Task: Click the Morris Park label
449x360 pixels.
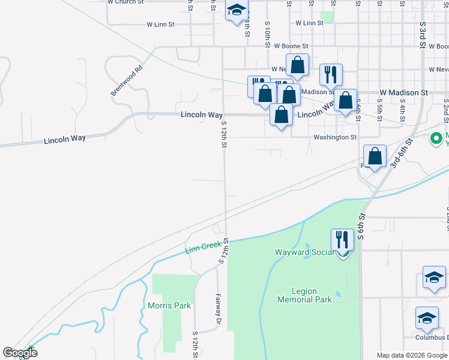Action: tap(169, 305)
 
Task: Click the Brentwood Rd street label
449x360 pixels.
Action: tap(127, 80)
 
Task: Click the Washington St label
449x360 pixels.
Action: tap(334, 137)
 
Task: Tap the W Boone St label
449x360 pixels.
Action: tap(291, 46)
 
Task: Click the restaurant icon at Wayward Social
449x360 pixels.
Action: tap(342, 239)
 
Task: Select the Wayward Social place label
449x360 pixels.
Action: tap(304, 252)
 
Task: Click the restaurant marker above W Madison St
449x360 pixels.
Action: tap(331, 74)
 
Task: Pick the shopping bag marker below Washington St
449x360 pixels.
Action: tap(375, 157)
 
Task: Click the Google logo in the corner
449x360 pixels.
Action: tap(20, 353)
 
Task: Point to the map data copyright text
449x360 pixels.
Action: tap(412, 355)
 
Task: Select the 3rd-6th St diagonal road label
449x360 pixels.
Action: tap(402, 153)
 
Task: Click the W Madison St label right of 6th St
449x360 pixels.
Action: tap(403, 93)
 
